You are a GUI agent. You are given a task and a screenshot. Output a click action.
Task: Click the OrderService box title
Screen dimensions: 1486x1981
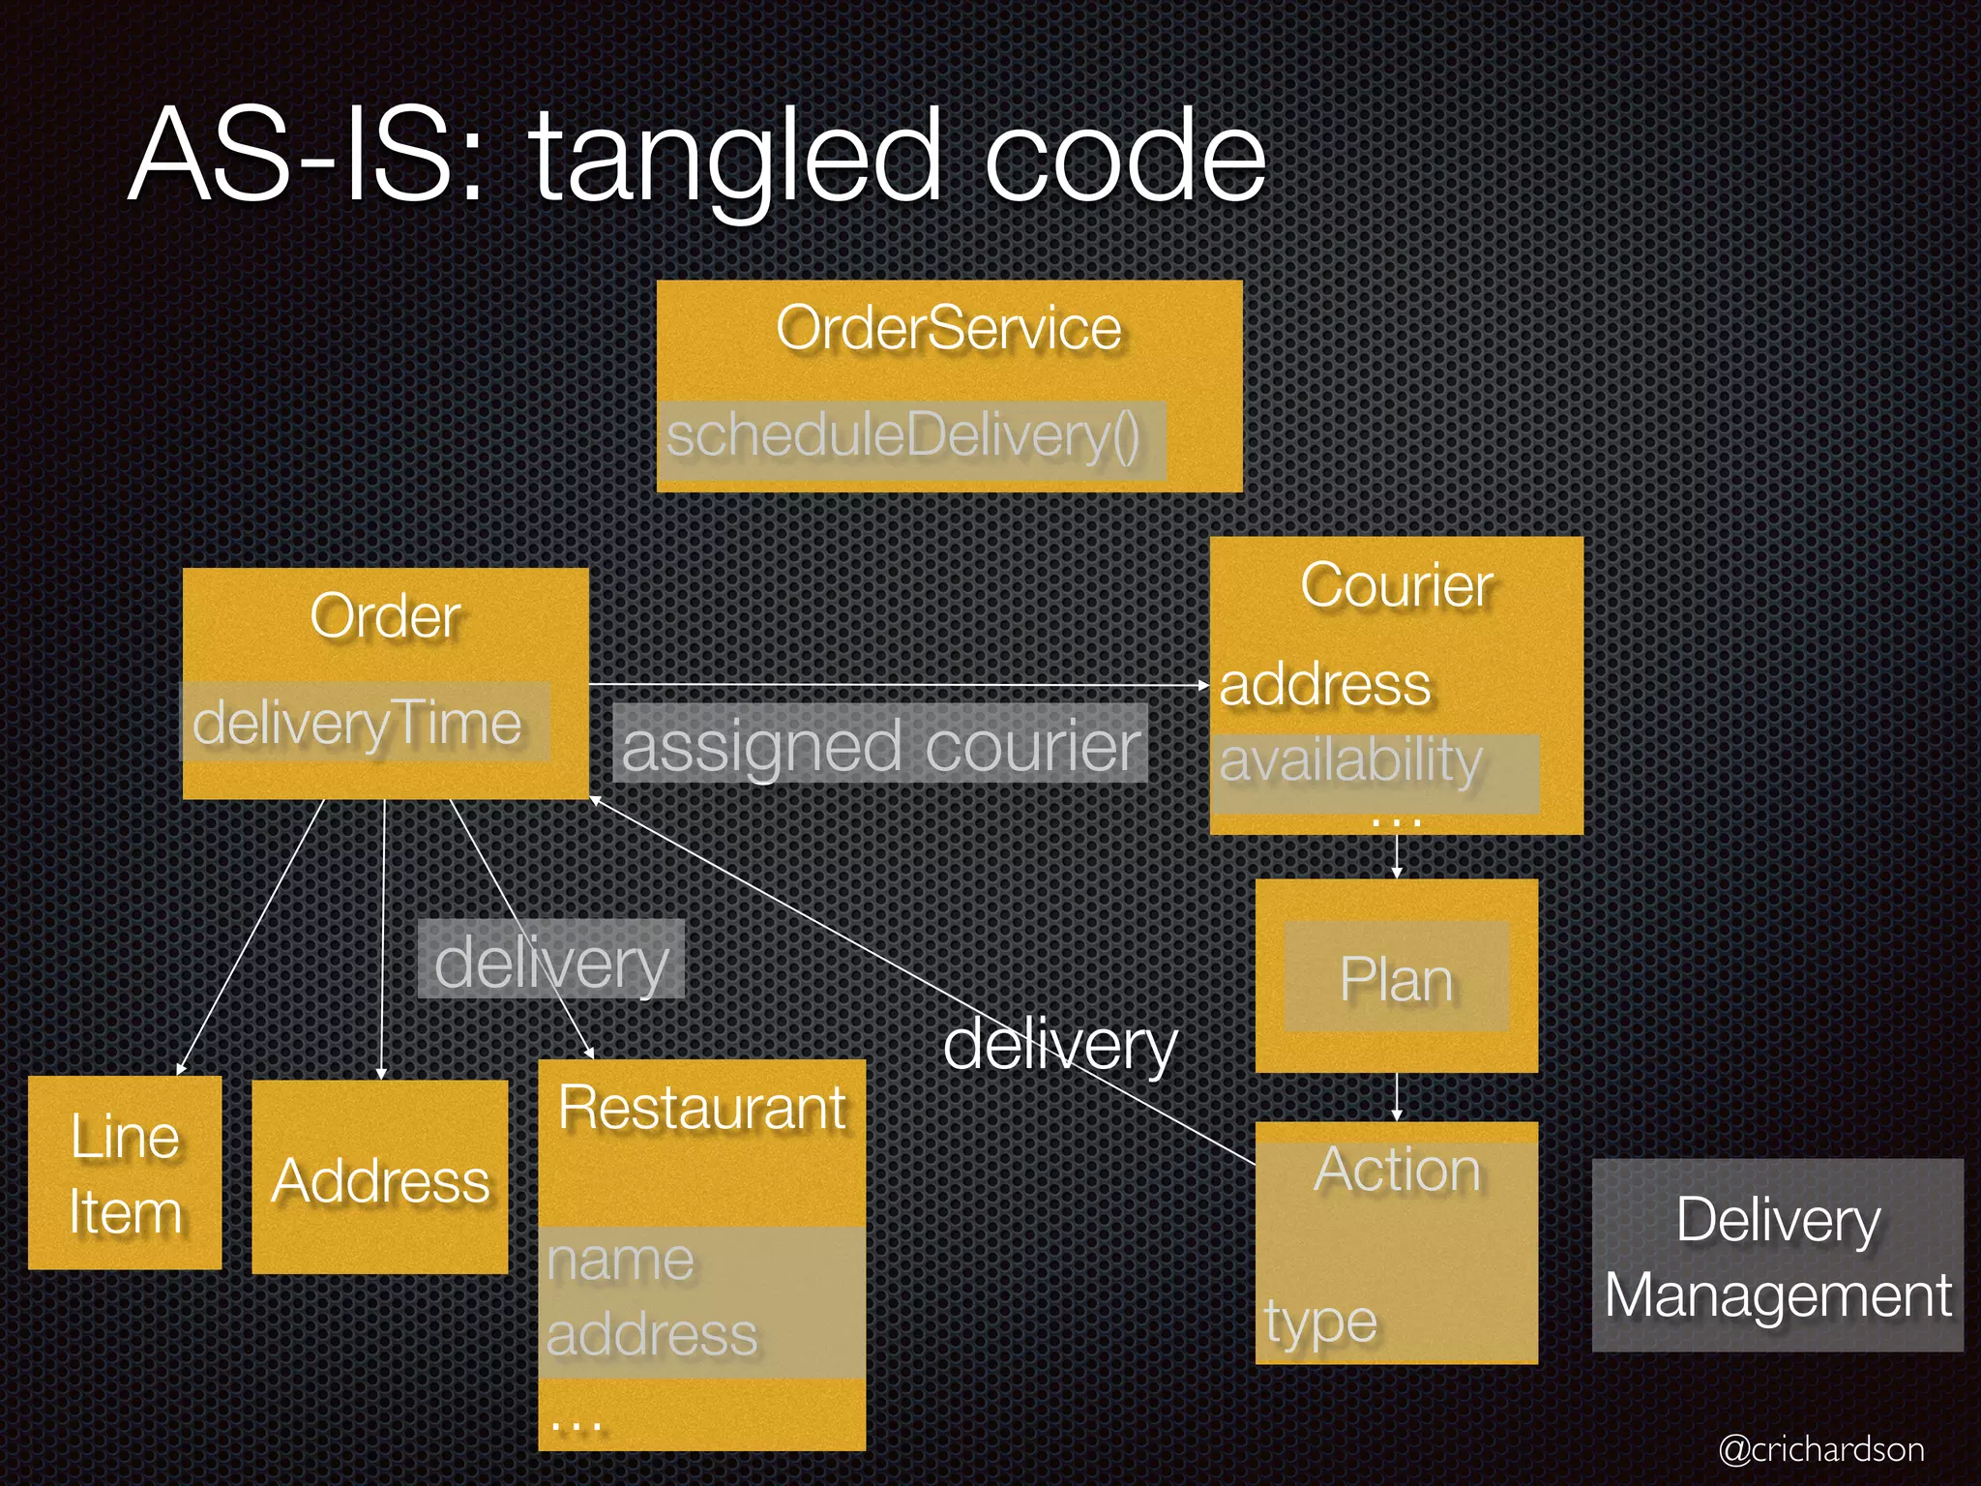tap(948, 328)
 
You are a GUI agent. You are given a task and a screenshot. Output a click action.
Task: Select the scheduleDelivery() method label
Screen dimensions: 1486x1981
tap(903, 436)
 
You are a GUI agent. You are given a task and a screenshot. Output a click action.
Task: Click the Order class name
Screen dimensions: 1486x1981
tap(385, 616)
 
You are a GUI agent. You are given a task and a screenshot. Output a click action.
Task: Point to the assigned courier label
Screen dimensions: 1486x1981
tap(880, 745)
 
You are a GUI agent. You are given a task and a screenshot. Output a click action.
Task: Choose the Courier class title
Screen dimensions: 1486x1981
tap(1397, 585)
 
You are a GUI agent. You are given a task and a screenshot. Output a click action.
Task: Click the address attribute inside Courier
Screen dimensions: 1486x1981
tap(1324, 685)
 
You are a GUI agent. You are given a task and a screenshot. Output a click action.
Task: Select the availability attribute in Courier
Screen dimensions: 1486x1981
tap(1350, 760)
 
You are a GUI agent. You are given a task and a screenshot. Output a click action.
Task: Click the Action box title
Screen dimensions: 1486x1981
tap(1397, 1170)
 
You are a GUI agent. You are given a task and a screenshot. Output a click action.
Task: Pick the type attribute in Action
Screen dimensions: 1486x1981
tap(1320, 1322)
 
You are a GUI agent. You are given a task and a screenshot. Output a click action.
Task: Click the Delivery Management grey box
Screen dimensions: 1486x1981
tap(1778, 1256)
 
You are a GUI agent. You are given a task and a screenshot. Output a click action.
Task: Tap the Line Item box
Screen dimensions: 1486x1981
tap(125, 1174)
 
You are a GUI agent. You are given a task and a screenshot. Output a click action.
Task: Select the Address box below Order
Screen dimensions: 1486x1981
tap(380, 1180)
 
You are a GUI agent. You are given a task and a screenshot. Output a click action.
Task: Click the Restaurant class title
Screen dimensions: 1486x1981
tap(702, 1108)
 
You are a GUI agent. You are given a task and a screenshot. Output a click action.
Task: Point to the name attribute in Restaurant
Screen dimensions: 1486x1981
tap(620, 1260)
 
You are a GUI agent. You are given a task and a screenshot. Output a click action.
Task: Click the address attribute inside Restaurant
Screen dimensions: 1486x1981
tap(652, 1335)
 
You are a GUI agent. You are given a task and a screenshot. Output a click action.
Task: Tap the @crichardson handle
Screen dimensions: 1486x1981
tap(1821, 1449)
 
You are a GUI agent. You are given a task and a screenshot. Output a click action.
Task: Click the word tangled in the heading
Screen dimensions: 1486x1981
tap(735, 157)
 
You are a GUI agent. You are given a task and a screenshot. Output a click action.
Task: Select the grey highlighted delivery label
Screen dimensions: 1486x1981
tap(551, 961)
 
